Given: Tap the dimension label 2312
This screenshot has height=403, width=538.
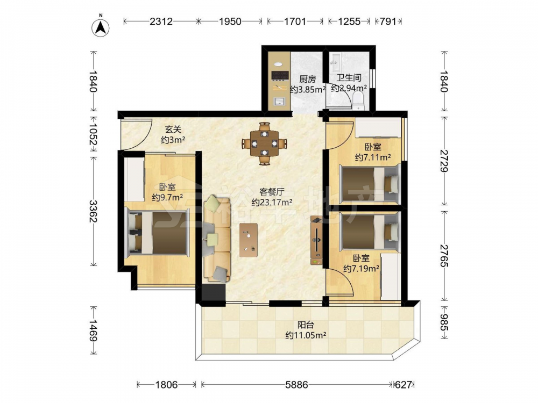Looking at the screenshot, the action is [x=161, y=21].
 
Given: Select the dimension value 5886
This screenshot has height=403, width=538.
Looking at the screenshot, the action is [x=296, y=385].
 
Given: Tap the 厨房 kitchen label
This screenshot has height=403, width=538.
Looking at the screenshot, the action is [x=307, y=80].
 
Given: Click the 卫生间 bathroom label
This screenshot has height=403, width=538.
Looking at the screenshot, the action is [x=349, y=78].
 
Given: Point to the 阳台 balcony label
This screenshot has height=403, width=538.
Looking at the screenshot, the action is [x=306, y=324].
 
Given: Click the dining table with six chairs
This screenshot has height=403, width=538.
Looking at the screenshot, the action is [x=264, y=143].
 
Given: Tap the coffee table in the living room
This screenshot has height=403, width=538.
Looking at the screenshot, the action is [x=249, y=240].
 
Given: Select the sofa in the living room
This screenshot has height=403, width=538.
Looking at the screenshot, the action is [x=217, y=239].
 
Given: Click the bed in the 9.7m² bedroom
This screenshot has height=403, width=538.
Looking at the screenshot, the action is [x=158, y=233].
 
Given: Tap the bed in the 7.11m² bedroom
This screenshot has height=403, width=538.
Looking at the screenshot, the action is [x=370, y=184].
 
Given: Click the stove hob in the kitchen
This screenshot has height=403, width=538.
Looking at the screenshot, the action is [x=280, y=75].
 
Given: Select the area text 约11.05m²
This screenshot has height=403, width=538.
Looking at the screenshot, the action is [x=306, y=335].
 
